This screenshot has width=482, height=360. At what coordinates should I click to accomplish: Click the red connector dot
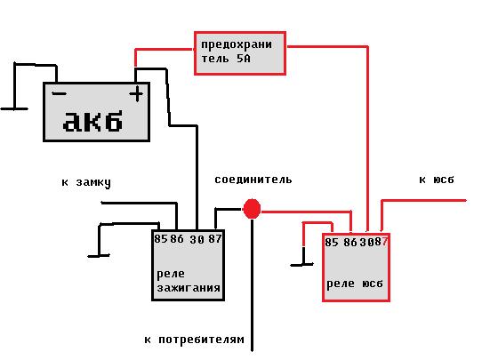(x=252, y=209)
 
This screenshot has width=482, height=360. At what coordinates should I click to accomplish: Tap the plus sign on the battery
(x=136, y=94)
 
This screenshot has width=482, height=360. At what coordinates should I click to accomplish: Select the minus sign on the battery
(x=59, y=93)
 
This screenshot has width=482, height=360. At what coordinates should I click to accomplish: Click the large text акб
(x=92, y=121)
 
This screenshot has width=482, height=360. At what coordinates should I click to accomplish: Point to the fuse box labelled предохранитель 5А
(x=240, y=53)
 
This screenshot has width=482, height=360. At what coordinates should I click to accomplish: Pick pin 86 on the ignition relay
(x=177, y=239)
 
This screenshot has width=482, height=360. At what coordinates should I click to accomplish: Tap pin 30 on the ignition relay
(x=197, y=239)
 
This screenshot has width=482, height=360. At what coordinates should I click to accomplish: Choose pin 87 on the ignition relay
(x=215, y=239)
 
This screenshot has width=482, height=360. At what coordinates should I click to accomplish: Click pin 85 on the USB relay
(x=332, y=243)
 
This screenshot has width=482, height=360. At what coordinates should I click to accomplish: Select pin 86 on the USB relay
(x=350, y=243)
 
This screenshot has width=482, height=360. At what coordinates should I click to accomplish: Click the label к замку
(x=86, y=182)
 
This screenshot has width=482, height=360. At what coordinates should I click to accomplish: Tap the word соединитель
(x=253, y=180)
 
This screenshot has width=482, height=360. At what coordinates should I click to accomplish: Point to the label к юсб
(x=437, y=180)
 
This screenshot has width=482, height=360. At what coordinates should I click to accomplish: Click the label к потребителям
(x=194, y=340)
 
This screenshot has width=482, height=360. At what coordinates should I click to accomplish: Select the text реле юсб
(x=355, y=284)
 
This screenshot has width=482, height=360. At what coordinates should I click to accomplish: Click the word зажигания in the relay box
(x=189, y=288)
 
